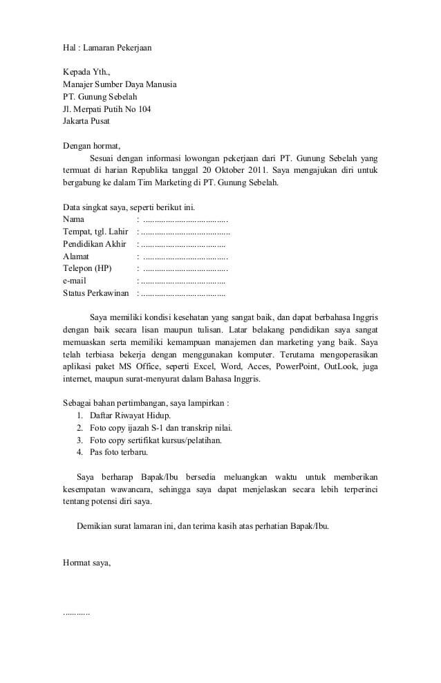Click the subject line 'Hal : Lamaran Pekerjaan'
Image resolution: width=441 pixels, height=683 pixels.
[x=106, y=48]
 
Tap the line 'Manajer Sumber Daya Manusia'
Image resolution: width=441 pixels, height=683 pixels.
[x=120, y=84]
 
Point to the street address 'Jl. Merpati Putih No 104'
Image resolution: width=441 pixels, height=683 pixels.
[x=106, y=109]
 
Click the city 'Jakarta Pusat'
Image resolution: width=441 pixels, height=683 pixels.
[x=86, y=122]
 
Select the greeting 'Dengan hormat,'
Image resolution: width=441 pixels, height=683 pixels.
[x=91, y=146]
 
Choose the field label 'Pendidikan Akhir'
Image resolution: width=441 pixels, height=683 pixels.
[x=95, y=244]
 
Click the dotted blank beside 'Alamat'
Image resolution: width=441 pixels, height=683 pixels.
[x=185, y=256]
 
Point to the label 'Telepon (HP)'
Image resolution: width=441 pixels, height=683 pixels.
[x=86, y=269]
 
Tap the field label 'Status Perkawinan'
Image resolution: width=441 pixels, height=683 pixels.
[x=96, y=294]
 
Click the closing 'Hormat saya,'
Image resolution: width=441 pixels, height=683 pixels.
[x=86, y=563]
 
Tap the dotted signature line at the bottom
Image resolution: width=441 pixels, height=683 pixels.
[x=76, y=612]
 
